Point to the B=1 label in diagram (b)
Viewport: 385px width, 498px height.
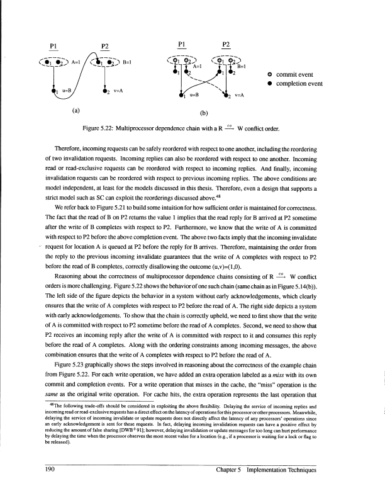tap(242, 65)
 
